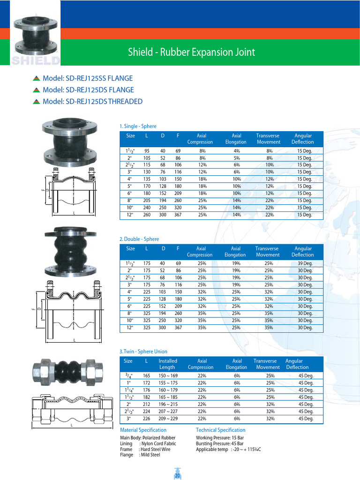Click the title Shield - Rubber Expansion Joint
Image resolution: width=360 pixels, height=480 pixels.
pyautogui.click(x=192, y=52)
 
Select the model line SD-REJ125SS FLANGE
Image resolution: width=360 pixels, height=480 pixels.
pyautogui.click(x=88, y=78)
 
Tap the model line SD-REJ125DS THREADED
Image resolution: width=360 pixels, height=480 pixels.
pyautogui.click(x=92, y=101)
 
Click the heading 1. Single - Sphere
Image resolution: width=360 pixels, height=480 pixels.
pyautogui.click(x=138, y=126)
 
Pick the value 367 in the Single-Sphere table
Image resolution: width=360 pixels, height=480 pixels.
pyautogui.click(x=178, y=215)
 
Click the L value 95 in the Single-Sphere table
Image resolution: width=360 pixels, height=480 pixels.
pyautogui.click(x=147, y=151)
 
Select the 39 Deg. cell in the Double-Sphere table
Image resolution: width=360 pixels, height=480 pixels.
pyautogui.click(x=305, y=263)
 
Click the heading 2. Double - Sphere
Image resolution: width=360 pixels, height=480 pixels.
pyautogui.click(x=139, y=239)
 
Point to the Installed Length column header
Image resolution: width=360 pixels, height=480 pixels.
pyautogui.click(x=167, y=364)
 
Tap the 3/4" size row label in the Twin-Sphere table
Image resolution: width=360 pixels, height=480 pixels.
pyautogui.click(x=128, y=375)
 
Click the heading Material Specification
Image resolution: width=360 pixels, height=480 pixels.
pyautogui.click(x=143, y=430)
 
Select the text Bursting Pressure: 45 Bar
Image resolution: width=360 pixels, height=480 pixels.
pyautogui.click(x=219, y=443)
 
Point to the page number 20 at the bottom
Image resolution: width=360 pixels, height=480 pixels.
pyautogui.click(x=178, y=476)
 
